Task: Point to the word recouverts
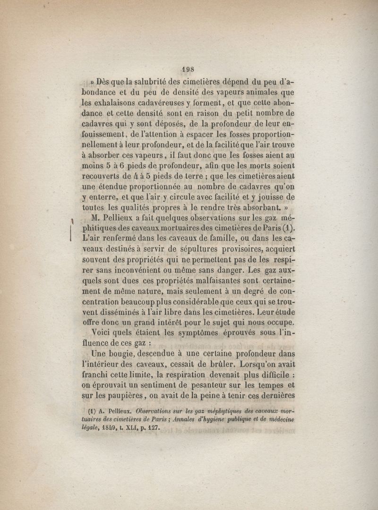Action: [x=101, y=176]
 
